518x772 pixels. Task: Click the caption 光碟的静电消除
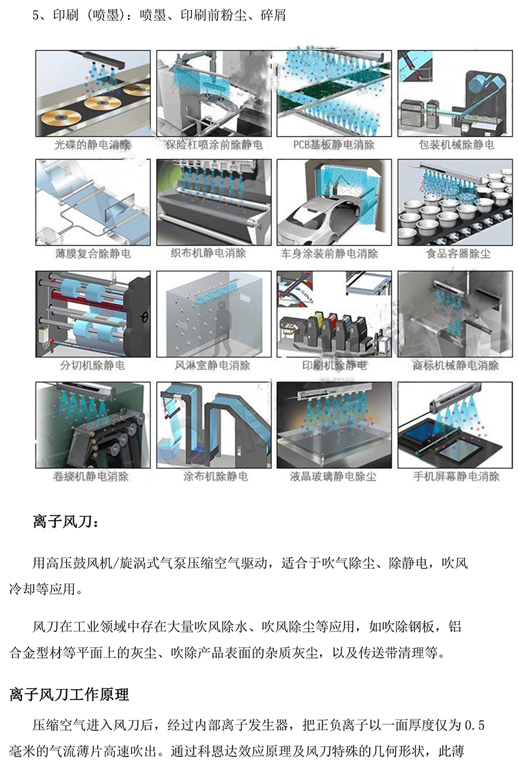(92, 145)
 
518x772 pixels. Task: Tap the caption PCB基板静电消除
(334, 145)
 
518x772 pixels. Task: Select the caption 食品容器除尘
(458, 254)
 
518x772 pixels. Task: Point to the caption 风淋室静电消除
(213, 365)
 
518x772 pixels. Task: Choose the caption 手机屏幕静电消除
(456, 476)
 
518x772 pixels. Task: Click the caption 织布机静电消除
(208, 253)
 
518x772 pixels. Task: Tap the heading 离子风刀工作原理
(69, 695)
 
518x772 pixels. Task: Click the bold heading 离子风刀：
(65, 521)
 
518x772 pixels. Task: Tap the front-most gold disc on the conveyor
(60, 119)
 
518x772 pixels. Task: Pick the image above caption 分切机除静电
(93, 314)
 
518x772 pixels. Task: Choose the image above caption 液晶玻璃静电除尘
(334, 425)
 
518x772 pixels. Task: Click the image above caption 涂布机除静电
(214, 425)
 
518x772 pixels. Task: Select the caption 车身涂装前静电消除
(330, 254)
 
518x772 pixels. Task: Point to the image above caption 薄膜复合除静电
(93, 202)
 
